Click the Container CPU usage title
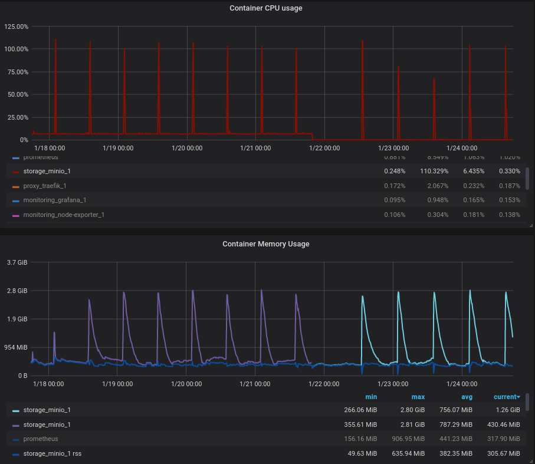coord(265,8)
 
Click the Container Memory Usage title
coord(265,243)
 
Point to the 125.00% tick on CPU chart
coord(17,27)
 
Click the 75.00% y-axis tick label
coord(17,72)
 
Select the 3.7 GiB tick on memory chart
coord(17,262)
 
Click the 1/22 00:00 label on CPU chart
coord(324,148)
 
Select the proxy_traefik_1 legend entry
coord(44,186)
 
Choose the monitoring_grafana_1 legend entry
coord(54,200)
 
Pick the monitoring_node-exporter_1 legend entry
coord(64,215)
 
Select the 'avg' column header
coord(467,397)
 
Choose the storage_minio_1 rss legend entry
coord(52,453)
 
